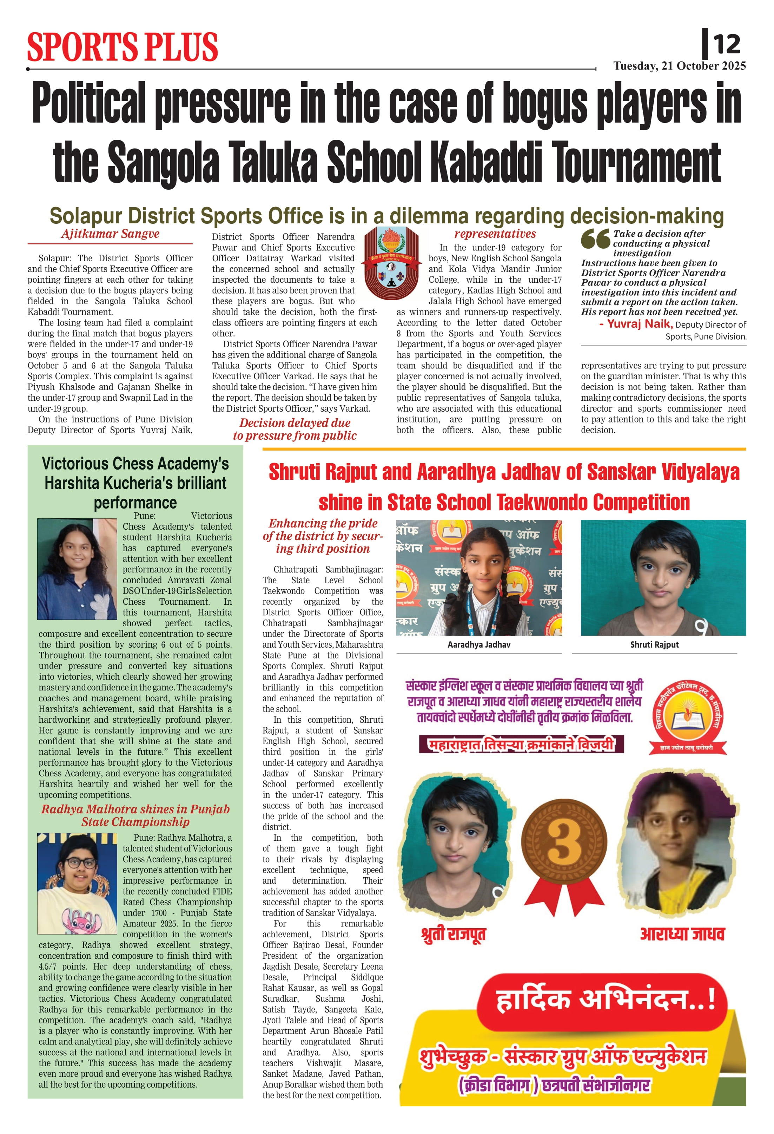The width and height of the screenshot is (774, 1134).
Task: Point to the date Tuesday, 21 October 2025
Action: (679, 66)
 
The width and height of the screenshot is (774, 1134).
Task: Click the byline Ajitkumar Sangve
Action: (110, 234)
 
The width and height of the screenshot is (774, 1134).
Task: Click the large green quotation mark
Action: (595, 238)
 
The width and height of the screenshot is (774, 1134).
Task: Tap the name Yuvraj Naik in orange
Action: (640, 323)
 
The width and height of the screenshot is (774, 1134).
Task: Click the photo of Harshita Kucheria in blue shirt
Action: (77, 569)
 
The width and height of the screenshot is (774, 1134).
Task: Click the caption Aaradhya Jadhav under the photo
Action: (478, 644)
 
